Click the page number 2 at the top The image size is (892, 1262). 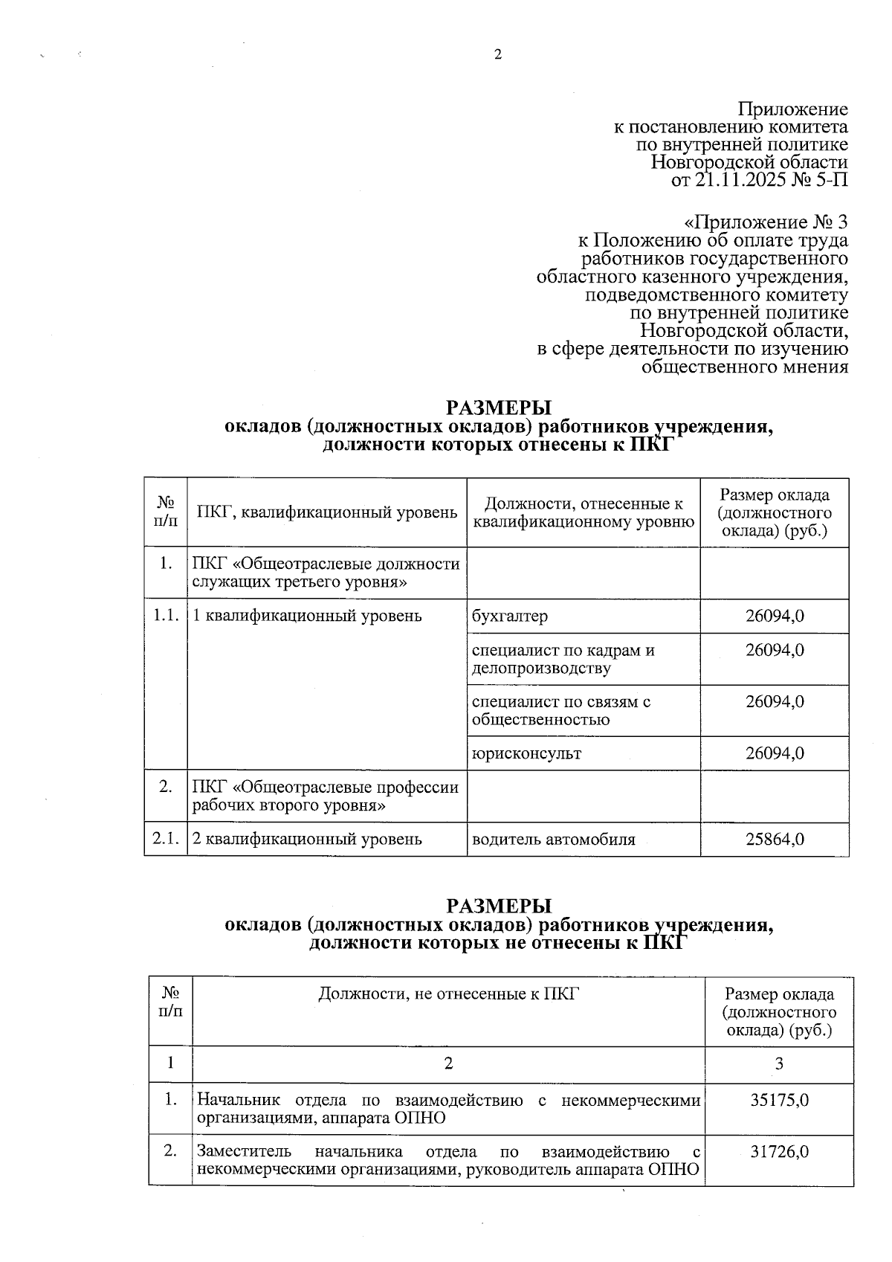coord(498,54)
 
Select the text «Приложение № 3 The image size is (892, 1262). coord(765,222)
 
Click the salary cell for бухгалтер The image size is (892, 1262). coord(775,616)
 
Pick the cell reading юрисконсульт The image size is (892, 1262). coord(526,753)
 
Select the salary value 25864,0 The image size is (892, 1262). coord(775,840)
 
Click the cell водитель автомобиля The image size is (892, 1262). coord(554,840)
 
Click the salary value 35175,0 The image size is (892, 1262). coord(779,1100)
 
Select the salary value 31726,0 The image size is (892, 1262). coord(779,1152)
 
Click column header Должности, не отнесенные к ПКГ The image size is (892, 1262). coord(448,994)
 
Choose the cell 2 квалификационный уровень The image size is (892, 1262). coord(307,840)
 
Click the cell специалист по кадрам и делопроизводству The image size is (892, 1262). coord(563,659)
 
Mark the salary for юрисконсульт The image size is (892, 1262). coord(775,753)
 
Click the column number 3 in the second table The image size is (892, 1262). coord(779,1064)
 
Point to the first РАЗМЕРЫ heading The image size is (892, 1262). coord(499,408)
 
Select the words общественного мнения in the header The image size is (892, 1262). coord(744,367)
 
